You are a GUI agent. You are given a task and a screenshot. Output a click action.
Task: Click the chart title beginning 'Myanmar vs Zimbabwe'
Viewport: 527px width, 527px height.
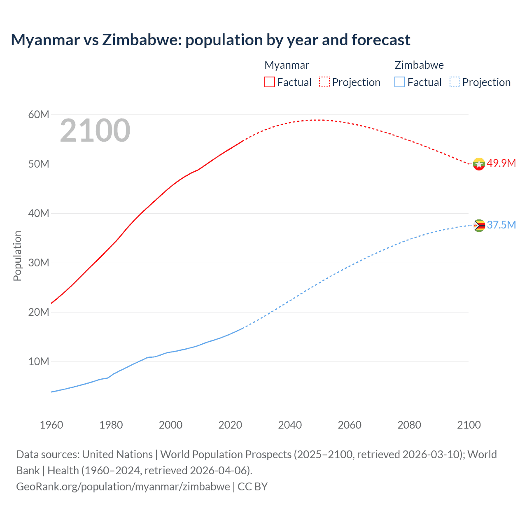pos(210,40)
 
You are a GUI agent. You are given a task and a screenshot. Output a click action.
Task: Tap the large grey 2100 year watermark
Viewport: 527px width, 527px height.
pos(95,131)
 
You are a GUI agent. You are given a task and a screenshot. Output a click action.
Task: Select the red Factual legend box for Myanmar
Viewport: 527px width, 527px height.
pos(270,82)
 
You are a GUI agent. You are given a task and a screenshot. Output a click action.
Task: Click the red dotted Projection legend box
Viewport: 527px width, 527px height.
pos(324,82)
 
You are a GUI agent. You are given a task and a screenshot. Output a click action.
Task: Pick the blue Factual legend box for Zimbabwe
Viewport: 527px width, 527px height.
pos(400,82)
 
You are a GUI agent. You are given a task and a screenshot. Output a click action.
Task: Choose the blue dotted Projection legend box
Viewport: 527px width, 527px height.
pos(455,82)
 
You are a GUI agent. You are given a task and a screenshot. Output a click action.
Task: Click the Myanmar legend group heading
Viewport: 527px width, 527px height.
pos(287,65)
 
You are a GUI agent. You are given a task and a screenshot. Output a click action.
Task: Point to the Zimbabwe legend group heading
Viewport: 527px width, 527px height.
pos(419,65)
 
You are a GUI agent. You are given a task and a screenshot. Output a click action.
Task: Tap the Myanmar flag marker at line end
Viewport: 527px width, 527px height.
pos(479,164)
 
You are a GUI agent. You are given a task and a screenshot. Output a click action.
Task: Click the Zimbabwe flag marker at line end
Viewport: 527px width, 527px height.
pos(479,226)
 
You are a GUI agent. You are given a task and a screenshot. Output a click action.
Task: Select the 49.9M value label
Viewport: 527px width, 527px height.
pos(501,163)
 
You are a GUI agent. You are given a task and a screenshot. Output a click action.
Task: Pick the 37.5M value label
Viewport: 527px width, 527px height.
pos(501,225)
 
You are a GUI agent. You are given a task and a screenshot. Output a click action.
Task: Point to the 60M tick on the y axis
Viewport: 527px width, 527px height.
pos(39,114)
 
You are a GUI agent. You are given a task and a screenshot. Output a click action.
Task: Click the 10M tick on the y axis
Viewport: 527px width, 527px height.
pos(39,361)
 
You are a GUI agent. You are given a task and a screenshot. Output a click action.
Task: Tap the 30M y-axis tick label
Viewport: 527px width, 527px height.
pos(39,263)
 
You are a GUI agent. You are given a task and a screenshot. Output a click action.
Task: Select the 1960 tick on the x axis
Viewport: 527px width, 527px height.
pos(51,425)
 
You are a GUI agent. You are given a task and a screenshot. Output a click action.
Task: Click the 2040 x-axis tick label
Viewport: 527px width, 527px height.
pos(290,425)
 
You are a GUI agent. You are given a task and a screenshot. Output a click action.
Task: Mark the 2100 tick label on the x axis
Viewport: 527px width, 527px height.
pos(469,425)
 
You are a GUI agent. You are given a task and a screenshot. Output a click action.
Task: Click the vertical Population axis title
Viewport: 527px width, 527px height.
pos(17,256)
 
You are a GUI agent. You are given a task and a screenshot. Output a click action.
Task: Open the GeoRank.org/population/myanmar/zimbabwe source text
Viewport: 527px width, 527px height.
pos(123,487)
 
